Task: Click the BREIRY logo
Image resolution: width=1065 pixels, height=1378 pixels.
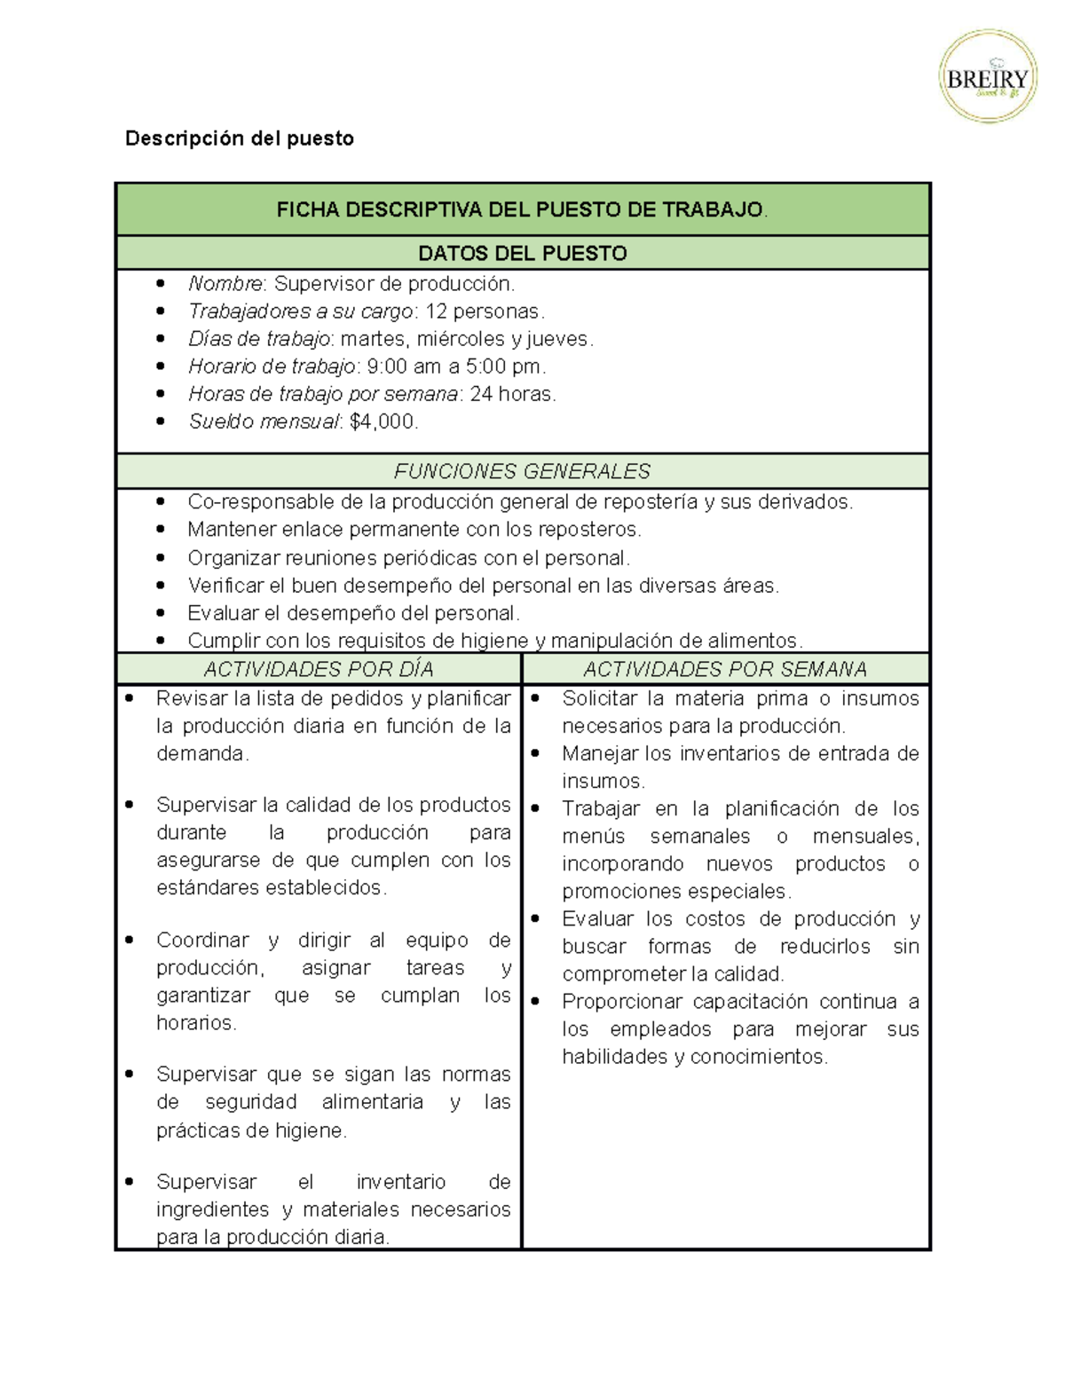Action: tap(988, 76)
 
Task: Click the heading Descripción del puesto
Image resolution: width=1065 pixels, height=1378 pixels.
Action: tap(239, 138)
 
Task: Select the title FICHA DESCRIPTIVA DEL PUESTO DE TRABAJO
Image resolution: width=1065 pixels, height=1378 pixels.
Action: tap(521, 210)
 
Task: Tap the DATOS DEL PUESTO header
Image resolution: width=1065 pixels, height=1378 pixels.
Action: tap(522, 254)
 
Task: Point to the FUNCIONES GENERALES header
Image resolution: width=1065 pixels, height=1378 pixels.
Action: tap(522, 471)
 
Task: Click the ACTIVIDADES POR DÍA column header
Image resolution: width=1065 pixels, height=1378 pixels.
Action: tap(319, 669)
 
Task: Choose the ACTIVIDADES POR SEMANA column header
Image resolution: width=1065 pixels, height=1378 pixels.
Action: tap(725, 669)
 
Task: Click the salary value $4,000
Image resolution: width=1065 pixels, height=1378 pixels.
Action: tap(383, 421)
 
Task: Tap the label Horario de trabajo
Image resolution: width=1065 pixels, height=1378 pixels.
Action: tap(272, 366)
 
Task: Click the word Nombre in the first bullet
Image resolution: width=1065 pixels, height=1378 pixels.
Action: tap(225, 284)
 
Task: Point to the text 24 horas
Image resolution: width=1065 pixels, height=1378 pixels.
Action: tap(511, 394)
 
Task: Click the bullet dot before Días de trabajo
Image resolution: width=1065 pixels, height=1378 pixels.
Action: tap(161, 339)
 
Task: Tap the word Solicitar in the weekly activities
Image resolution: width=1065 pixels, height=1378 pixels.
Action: tap(599, 698)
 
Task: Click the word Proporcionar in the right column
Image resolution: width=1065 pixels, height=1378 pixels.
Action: tap(622, 1002)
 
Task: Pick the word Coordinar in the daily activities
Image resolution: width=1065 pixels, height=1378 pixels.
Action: tap(202, 940)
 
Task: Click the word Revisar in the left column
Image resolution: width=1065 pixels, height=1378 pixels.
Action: tap(191, 698)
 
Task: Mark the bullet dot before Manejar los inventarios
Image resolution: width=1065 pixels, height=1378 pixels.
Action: tap(536, 753)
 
